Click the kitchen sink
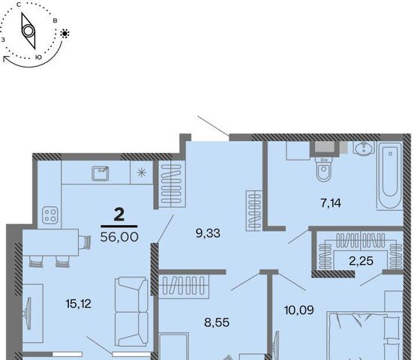click(100, 173)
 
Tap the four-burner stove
click(50, 215)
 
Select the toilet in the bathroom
click(324, 169)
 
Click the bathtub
click(390, 176)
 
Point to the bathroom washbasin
click(364, 148)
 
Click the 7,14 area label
click(331, 203)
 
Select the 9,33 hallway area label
click(208, 233)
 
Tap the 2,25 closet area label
click(361, 261)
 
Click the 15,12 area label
click(79, 304)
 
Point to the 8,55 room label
click(217, 322)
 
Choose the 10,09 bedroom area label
click(299, 310)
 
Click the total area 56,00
click(119, 237)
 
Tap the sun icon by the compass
click(64, 34)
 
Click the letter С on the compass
click(19, 4)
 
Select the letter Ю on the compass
click(38, 57)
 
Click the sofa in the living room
click(131, 311)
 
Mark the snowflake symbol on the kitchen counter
click(142, 172)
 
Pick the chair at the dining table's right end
click(86, 242)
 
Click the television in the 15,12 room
click(28, 313)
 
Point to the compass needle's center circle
click(28, 31)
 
